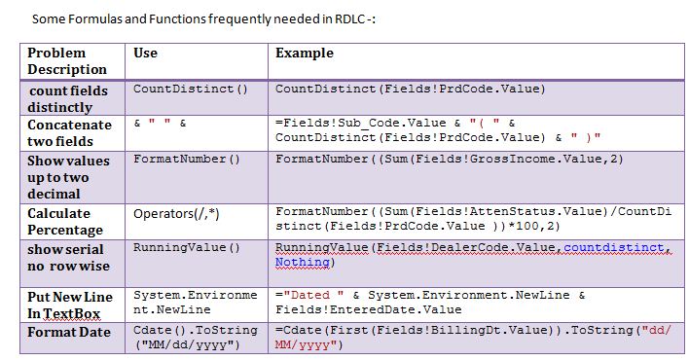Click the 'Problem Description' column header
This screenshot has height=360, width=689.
click(x=67, y=61)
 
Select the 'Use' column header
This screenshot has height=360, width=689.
click(x=146, y=53)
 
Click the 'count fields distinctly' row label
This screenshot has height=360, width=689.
click(x=67, y=98)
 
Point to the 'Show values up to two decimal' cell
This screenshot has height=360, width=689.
click(x=68, y=176)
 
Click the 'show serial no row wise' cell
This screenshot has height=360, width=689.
click(x=68, y=256)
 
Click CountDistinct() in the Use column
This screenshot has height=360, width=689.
click(x=191, y=90)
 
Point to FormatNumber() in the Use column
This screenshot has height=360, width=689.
click(x=186, y=159)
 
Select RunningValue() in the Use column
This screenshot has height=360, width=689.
click(x=186, y=247)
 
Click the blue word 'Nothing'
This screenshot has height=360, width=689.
click(x=302, y=262)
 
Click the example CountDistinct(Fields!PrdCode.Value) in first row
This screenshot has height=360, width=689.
click(x=410, y=90)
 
